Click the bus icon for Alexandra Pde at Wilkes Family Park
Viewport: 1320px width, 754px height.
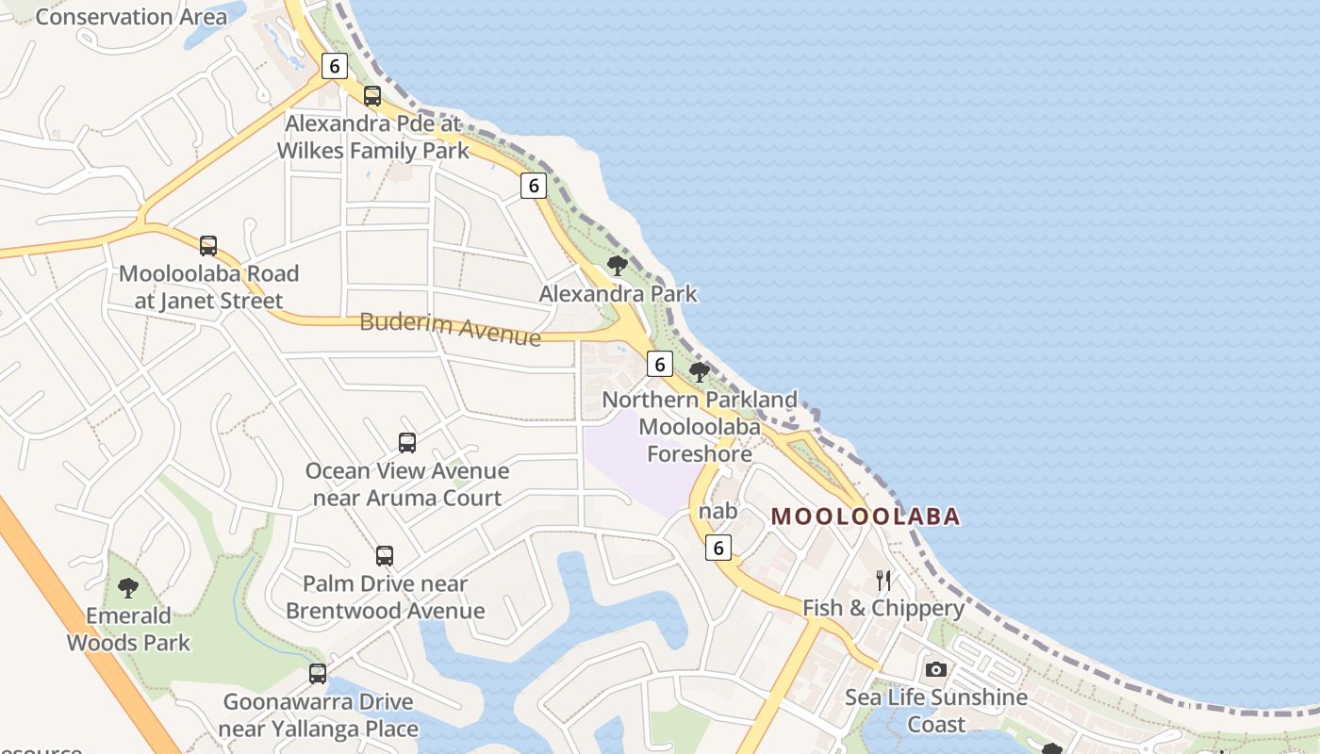372,96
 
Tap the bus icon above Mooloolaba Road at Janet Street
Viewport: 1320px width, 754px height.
208,246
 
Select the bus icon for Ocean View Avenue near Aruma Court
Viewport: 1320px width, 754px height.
407,443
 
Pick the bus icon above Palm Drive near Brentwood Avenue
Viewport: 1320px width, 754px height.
385,556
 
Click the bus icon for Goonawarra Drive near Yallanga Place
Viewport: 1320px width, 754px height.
318,674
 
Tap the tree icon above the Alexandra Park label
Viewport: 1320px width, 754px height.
618,266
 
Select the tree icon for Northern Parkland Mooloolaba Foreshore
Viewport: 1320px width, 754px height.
700,371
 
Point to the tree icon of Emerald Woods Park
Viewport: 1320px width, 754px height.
128,589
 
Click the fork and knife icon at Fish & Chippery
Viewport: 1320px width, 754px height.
883,580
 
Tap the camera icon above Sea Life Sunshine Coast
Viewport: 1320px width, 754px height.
935,669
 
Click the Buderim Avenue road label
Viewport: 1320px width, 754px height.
451,328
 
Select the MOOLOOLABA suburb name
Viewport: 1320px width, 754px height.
866,516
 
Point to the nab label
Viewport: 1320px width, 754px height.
718,512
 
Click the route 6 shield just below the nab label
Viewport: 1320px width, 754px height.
718,548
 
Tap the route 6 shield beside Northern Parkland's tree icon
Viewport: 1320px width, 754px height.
660,364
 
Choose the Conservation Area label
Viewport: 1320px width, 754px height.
131,17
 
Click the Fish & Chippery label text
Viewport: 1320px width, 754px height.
883,608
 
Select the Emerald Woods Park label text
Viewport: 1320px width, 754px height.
128,630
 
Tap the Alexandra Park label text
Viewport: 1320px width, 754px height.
618,294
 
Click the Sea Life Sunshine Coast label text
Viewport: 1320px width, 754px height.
936,711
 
